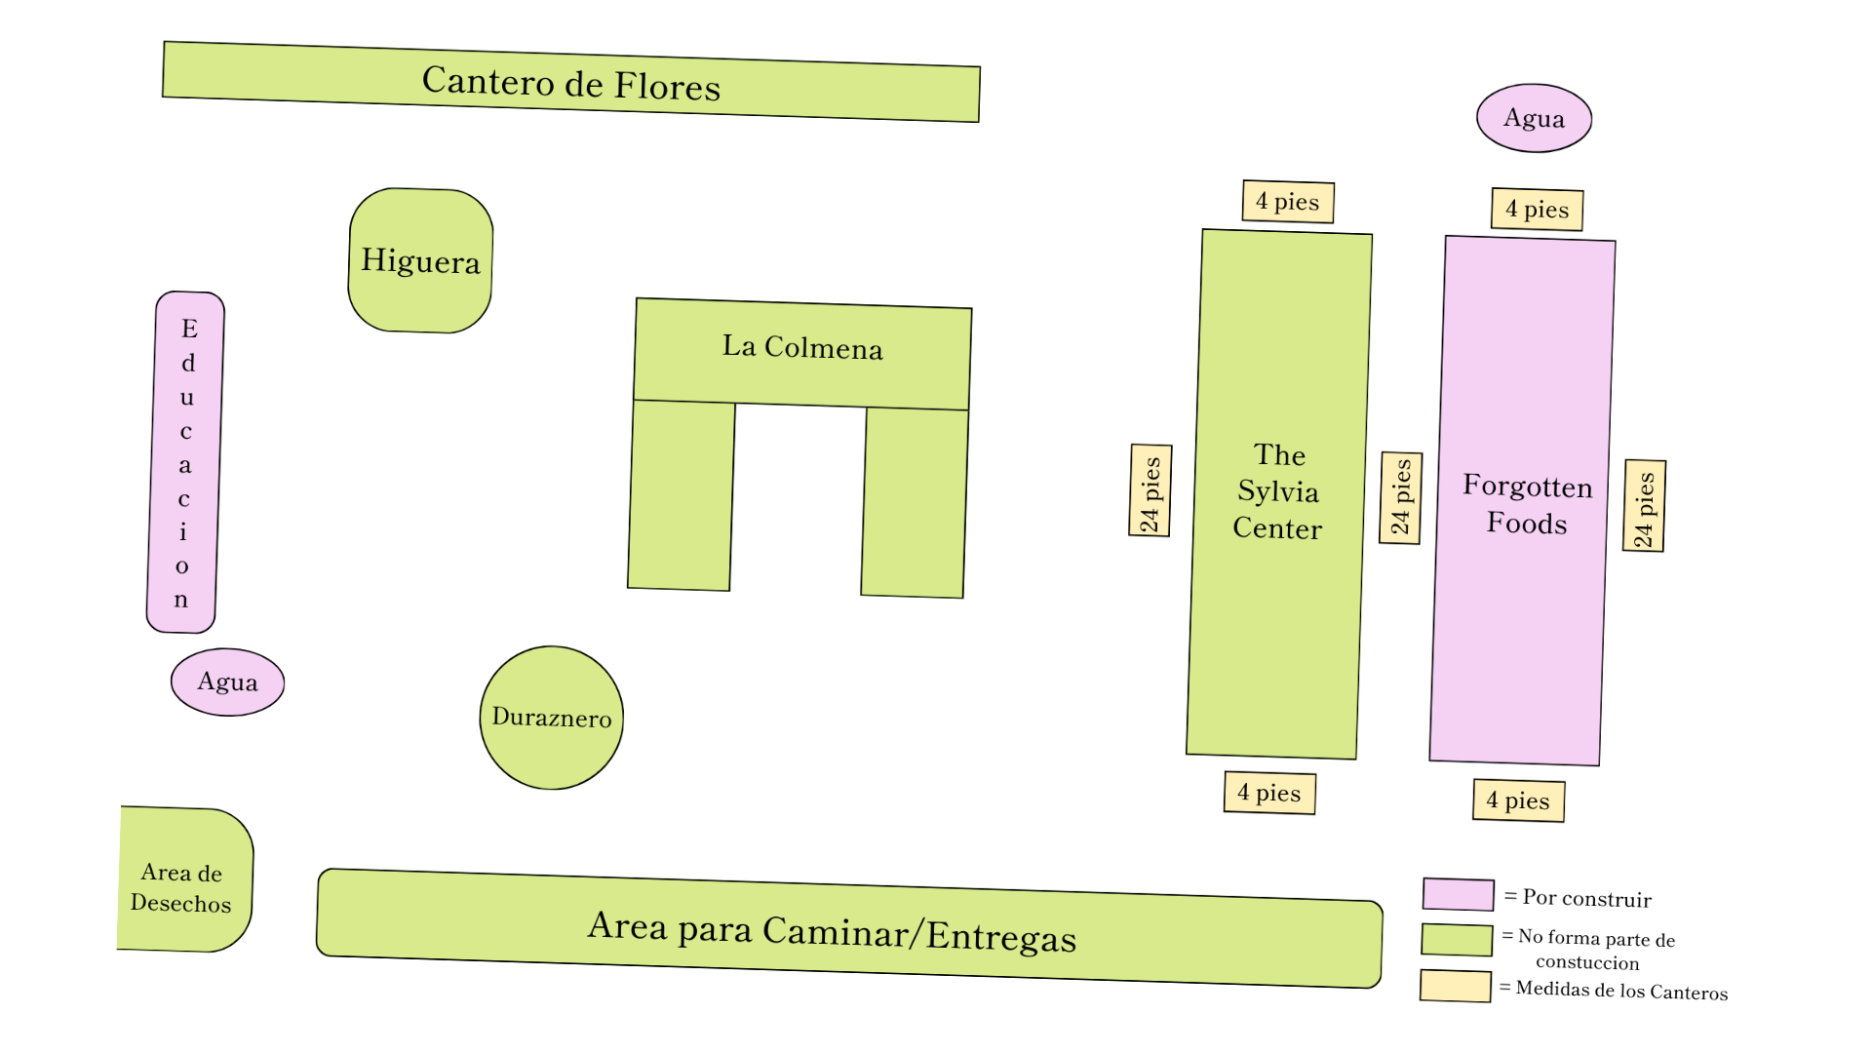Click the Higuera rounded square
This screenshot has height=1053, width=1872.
tap(420, 260)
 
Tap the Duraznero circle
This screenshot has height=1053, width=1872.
tap(552, 718)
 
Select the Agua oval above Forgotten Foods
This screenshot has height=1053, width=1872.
tap(1534, 118)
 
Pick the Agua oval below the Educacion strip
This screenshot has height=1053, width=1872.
tap(227, 682)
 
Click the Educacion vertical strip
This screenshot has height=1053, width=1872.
tap(185, 462)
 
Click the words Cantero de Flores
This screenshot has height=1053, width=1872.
tap(571, 83)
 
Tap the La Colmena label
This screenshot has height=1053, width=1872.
tap(802, 347)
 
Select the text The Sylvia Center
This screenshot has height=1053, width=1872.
tap(1277, 491)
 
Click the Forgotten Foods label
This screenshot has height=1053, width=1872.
tap(1527, 504)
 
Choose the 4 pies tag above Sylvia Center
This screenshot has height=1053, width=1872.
tap(1288, 202)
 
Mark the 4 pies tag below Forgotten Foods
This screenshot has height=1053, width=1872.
tap(1518, 800)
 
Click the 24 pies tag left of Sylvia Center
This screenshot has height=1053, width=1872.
tap(1150, 490)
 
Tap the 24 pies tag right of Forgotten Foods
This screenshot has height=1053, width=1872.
tap(1645, 506)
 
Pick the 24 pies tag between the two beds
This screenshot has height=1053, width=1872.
tap(1401, 498)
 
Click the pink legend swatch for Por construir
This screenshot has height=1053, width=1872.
tap(1458, 894)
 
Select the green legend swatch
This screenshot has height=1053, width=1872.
tap(1457, 940)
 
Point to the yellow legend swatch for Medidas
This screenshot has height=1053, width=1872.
tap(1455, 986)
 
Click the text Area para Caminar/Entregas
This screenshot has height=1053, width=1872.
tap(832, 931)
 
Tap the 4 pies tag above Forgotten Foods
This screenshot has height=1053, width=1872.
tap(1537, 210)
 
